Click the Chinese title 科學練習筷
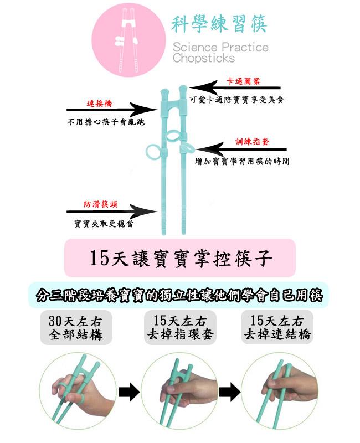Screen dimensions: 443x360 tap(220, 23)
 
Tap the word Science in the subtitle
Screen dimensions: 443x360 tap(194, 47)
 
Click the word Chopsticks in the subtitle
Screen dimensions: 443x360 tap(203, 58)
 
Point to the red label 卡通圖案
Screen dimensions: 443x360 tap(244, 81)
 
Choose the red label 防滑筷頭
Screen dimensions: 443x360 tap(100, 204)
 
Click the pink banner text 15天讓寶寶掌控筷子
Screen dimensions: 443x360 tap(180, 258)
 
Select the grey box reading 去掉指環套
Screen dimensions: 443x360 tap(180, 328)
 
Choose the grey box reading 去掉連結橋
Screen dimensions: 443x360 tap(277, 328)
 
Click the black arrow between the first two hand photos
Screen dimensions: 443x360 tap(128, 393)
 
